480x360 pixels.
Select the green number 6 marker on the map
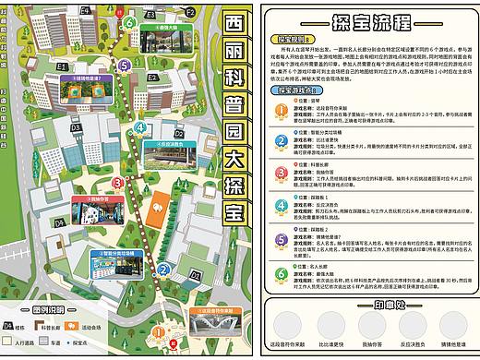pyautogui.click(x=129, y=22)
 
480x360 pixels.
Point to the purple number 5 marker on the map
pyautogui.click(x=124, y=66)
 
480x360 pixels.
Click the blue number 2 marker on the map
pyautogui.click(x=162, y=270)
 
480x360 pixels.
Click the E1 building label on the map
pyautogui.click(x=90, y=66)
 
